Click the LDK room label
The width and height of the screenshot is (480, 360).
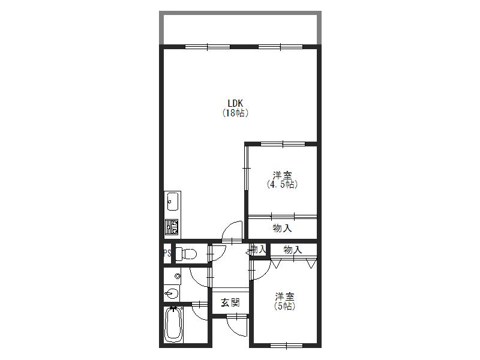pos(235,103)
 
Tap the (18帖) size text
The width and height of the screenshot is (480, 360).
pos(235,113)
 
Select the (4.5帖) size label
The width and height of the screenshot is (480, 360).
pos(282,185)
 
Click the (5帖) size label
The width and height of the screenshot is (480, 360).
pos(284,306)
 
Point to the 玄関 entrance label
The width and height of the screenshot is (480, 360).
pos(230,303)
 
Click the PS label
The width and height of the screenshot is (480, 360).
pos(167,253)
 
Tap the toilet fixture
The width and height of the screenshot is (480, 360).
pos(186,253)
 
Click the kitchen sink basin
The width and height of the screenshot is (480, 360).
pos(173,201)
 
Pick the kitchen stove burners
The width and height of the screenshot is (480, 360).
pos(172,227)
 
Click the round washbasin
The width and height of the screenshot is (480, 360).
pos(172,294)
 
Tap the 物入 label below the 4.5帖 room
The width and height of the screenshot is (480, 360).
pos(282,228)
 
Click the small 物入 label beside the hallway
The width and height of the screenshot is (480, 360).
pos(259,250)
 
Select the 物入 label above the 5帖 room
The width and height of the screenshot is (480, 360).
pos(293,250)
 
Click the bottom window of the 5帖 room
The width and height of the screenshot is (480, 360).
pos(287,346)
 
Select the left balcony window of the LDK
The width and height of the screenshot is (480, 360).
pos(208,47)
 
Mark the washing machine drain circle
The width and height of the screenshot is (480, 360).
pos(177,276)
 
